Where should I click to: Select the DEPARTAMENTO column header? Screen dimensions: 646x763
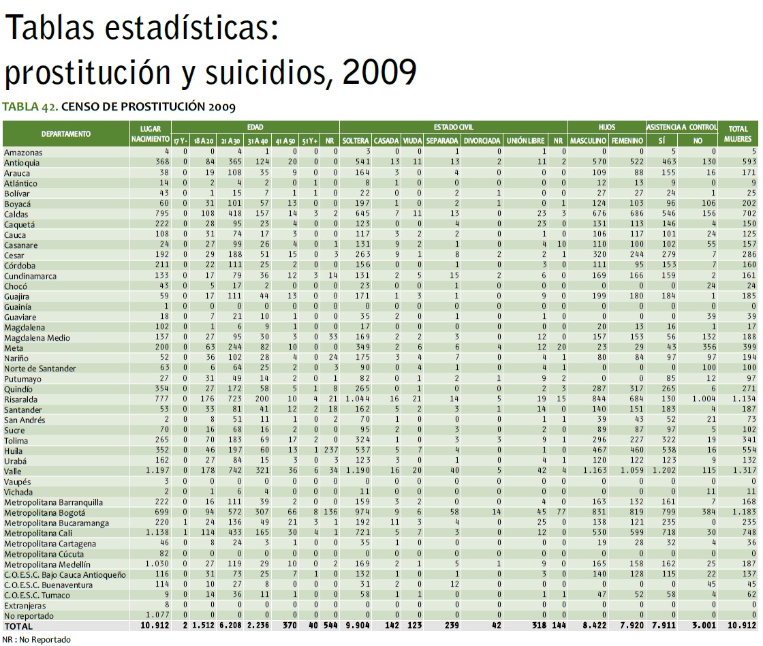click(65, 134)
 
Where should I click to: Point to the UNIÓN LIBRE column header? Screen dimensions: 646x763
click(523, 140)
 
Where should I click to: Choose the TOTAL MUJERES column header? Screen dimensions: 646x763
click(738, 134)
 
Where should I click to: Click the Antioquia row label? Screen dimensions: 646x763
click(22, 163)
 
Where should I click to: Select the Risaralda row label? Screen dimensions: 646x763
click(21, 399)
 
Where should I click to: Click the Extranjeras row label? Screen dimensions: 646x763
click(25, 605)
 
